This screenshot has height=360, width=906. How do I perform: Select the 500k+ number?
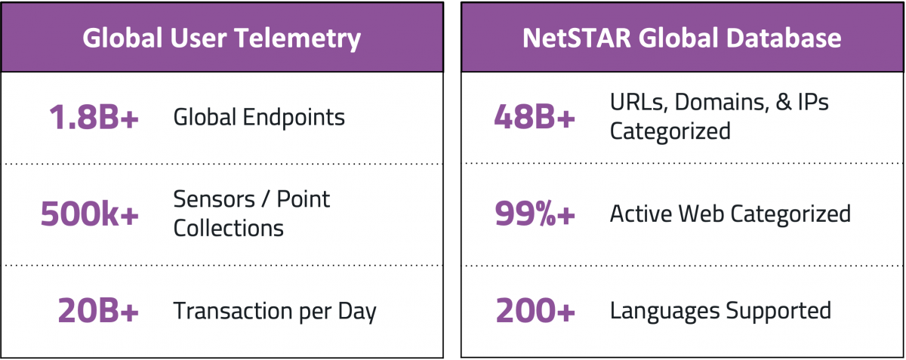pos(89,214)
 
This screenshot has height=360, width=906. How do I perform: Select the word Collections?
pos(229,228)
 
